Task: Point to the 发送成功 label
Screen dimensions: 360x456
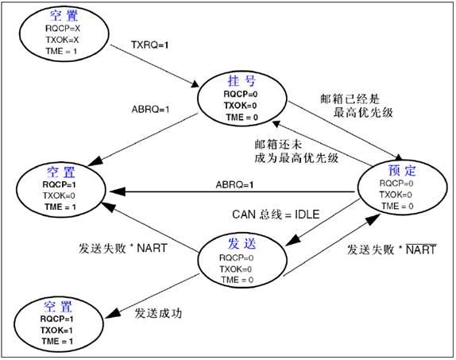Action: pos(159,313)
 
